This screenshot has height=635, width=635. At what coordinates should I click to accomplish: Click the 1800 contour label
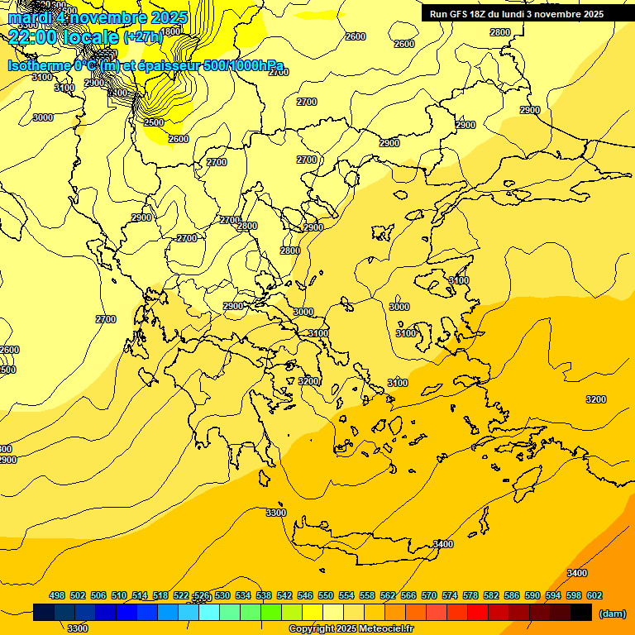coord(170,31)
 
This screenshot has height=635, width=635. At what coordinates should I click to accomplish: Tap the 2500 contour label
coord(154,122)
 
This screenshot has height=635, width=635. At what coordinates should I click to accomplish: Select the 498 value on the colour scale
coord(57,595)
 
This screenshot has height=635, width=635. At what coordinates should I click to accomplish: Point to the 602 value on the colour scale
coord(594,595)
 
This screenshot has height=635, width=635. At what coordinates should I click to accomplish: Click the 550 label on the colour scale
coord(326,595)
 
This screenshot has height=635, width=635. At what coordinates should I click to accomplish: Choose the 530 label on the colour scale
coord(222,595)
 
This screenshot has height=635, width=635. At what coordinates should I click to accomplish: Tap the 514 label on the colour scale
coord(140,595)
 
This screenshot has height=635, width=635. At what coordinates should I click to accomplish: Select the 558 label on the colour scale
coord(367,595)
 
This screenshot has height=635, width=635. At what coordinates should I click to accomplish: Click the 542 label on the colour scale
coord(284,595)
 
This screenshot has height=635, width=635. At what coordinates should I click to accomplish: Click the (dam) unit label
coord(612,613)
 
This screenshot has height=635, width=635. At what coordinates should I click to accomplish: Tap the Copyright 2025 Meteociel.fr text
coord(351,629)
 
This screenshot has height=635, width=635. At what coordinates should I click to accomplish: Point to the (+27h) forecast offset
coord(144,37)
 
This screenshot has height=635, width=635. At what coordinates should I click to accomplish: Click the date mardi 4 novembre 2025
coord(98,17)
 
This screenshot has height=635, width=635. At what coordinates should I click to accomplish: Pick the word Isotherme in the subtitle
coord(38,65)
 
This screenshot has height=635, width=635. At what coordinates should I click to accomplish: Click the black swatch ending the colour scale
coord(581,613)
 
